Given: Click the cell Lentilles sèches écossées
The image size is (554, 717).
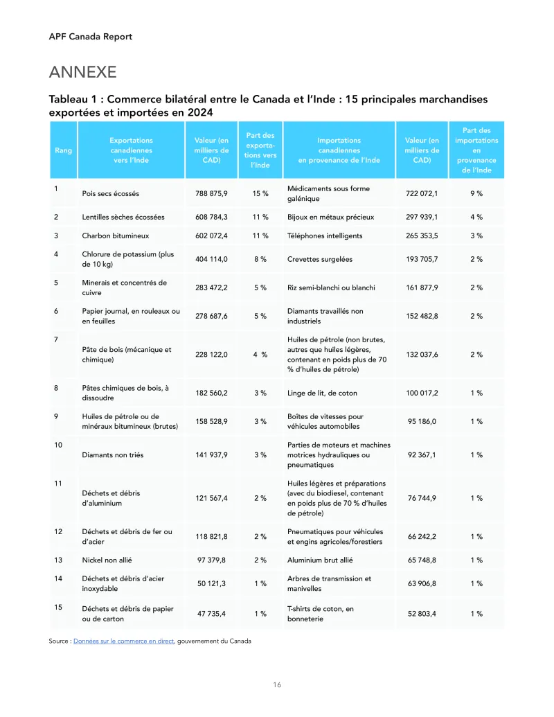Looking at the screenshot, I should point(123,217).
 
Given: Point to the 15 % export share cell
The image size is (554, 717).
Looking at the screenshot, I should point(260,193).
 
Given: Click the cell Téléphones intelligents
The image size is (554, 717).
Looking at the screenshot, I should point(325,236).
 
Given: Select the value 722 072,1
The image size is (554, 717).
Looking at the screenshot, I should point(422,193).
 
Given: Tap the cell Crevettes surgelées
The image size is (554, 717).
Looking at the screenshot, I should point(319,259).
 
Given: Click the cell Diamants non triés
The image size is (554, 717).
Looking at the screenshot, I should point(113,454).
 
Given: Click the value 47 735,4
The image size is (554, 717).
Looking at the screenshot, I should point(211,614).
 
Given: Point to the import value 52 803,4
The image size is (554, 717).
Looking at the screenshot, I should point(422,614).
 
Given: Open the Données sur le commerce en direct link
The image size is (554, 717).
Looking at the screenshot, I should point(123,641).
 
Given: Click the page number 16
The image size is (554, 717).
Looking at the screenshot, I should point(277,685).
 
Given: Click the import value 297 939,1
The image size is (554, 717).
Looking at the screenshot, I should point(422,217).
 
